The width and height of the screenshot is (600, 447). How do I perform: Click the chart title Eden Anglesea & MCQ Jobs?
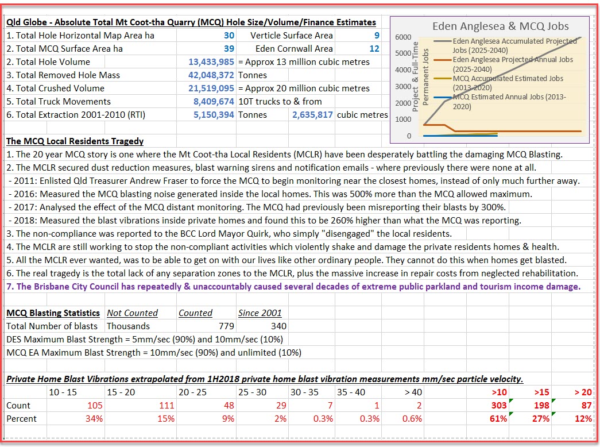point(500,26)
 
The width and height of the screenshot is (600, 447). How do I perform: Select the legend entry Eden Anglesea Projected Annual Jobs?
point(513,63)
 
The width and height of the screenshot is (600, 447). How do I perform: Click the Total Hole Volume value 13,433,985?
point(211,62)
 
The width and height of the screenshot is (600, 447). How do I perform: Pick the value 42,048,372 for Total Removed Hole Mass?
point(211,75)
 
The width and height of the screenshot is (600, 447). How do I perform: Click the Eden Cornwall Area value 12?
point(374,49)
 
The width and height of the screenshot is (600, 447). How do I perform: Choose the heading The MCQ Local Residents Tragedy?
point(75,141)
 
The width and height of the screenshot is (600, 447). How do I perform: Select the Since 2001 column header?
point(260,313)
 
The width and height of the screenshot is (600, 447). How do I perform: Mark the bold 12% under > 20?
point(583,419)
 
